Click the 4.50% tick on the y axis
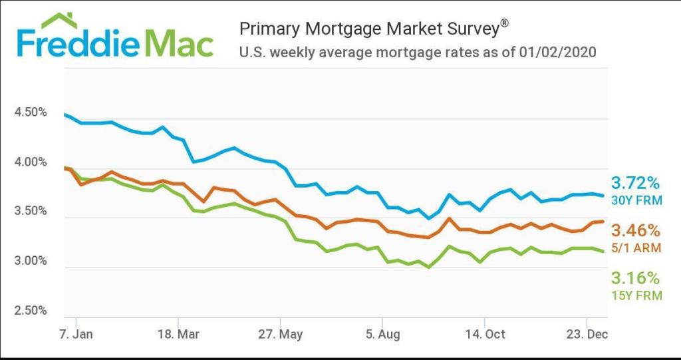(31, 112)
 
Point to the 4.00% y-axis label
(31, 162)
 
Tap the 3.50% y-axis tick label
(31, 212)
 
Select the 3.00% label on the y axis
(31, 261)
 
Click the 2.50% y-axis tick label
(31, 310)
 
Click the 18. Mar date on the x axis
(179, 333)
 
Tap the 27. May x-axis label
(281, 333)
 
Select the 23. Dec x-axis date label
(585, 333)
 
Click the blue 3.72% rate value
(636, 183)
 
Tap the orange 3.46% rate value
(636, 231)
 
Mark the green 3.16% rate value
(636, 277)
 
